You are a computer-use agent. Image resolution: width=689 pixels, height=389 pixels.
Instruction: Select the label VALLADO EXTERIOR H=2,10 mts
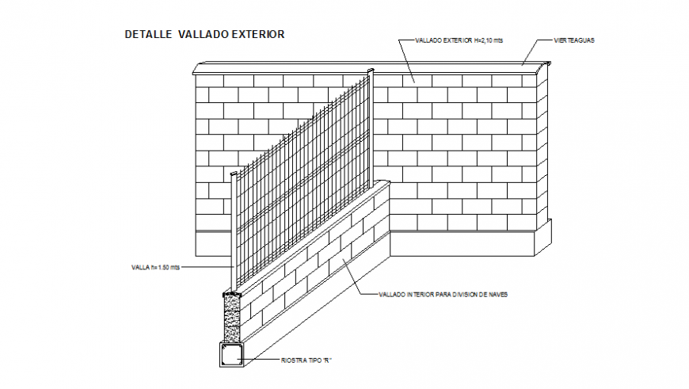(x=459, y=40)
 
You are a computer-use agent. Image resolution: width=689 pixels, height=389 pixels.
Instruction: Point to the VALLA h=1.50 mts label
(x=155, y=268)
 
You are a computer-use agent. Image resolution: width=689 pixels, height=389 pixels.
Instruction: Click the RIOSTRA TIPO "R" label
(x=306, y=360)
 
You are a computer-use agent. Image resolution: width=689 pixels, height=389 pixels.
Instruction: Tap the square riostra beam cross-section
(x=232, y=356)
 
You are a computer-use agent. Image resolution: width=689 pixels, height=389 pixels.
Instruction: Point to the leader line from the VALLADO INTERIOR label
(x=356, y=278)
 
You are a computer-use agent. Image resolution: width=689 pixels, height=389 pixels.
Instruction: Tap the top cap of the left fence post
(x=234, y=174)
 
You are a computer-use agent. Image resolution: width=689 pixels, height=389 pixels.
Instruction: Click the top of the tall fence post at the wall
(x=370, y=73)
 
